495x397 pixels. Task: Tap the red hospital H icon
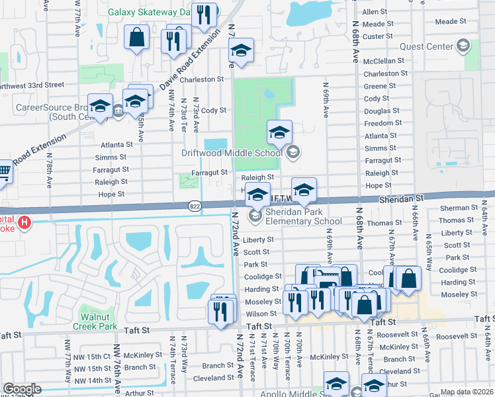coord(25,222)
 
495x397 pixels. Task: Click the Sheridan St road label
coord(401,198)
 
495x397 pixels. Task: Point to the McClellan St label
coord(383,61)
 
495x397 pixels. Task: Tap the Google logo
coord(22,389)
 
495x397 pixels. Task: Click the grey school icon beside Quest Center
coord(463,46)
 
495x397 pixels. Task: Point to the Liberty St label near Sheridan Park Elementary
coord(258,240)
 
